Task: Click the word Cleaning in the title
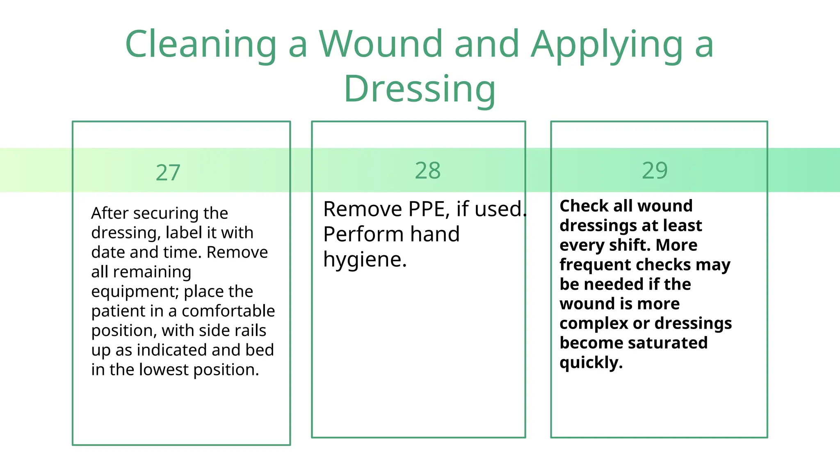201,44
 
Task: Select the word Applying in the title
607,44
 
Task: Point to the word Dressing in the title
420,89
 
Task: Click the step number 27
168,172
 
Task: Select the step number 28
428,170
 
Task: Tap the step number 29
655,170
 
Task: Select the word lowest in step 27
164,370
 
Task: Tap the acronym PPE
427,209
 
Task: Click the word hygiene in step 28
365,259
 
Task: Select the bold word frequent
593,265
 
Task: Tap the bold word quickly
591,363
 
